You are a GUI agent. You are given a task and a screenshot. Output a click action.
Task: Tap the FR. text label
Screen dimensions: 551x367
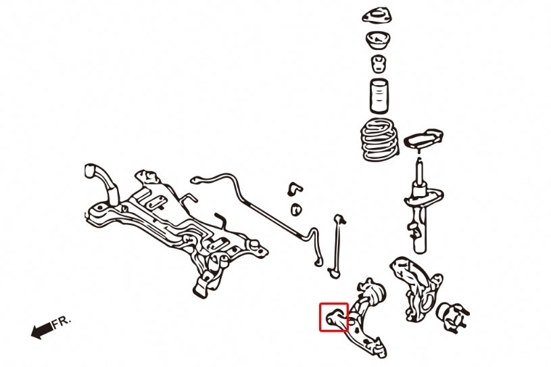(62, 322)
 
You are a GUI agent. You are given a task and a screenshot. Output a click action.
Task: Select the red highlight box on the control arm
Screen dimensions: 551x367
(334, 317)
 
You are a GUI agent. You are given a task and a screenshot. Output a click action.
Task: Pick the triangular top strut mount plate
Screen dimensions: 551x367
(377, 16)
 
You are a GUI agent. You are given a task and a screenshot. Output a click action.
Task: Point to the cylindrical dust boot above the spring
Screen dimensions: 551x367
(379, 96)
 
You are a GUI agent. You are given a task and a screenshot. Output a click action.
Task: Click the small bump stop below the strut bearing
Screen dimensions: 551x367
(379, 64)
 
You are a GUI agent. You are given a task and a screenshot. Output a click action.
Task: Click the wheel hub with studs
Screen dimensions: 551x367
(452, 316)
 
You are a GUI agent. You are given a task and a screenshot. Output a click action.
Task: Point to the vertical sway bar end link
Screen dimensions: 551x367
(336, 246)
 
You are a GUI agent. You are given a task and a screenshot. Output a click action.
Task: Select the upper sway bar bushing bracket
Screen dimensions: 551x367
(295, 189)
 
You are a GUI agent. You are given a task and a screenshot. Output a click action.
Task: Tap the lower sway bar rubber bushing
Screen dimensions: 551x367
(296, 210)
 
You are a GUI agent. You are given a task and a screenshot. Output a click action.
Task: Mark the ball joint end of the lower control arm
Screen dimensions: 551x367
(379, 347)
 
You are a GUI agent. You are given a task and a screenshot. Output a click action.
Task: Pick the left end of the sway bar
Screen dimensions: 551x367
(194, 180)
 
